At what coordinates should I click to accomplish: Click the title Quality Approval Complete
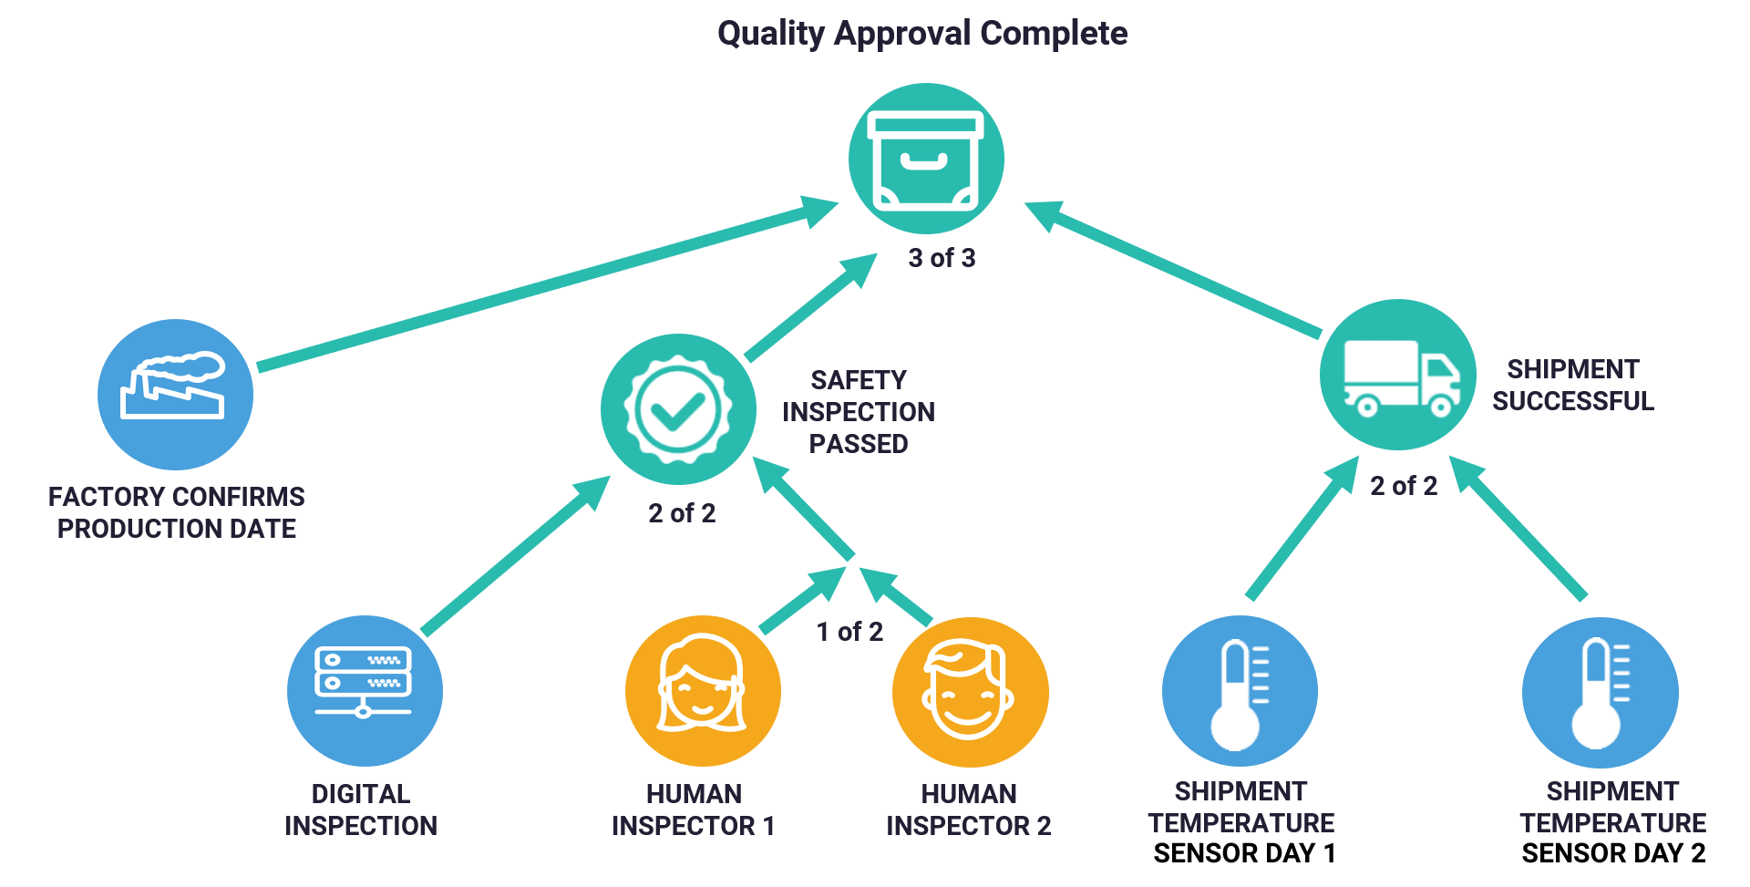(x=922, y=34)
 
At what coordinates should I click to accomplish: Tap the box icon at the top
(x=926, y=160)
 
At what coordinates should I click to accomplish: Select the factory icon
(x=175, y=395)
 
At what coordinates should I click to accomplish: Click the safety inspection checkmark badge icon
(x=678, y=409)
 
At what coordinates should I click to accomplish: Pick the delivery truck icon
(x=1398, y=375)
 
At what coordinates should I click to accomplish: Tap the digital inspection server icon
(x=365, y=691)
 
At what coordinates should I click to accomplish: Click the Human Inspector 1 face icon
(x=703, y=691)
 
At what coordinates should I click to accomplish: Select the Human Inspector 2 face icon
(x=971, y=693)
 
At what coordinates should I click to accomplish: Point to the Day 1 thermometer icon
(x=1240, y=691)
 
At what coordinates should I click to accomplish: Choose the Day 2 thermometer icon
(x=1601, y=693)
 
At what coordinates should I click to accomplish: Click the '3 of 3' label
(x=942, y=258)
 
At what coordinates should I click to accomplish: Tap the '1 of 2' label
(x=849, y=632)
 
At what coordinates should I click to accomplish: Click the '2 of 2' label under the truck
(x=1404, y=486)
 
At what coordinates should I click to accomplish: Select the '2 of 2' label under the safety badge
(x=682, y=513)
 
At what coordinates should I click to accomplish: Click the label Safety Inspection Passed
(x=859, y=412)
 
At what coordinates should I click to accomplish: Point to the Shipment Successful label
(x=1573, y=385)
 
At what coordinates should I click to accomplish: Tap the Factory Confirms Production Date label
(x=177, y=512)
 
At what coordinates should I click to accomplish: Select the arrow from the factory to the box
(x=548, y=283)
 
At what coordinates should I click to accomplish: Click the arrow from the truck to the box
(x=1173, y=269)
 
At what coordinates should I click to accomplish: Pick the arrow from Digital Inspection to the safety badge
(x=516, y=554)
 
